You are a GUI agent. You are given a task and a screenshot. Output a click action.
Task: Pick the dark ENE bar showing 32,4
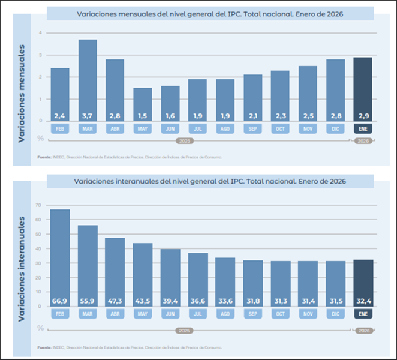(x=363, y=282)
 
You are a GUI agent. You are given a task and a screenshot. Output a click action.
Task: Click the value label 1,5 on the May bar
(x=143, y=115)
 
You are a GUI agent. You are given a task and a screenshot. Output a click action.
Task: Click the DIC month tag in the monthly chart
(x=335, y=128)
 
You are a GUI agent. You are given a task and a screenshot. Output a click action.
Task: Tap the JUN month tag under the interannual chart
(x=170, y=314)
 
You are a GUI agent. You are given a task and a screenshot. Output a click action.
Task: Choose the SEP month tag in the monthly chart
(x=252, y=128)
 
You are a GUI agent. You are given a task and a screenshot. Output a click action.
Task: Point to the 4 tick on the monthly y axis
(x=40, y=32)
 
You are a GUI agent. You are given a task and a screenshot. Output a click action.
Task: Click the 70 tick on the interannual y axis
(x=38, y=205)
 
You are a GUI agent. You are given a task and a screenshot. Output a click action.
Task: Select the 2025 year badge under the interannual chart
(x=184, y=331)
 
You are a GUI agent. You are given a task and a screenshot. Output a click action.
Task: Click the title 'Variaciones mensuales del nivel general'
(x=210, y=14)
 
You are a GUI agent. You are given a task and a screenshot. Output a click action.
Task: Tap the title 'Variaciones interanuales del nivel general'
(x=210, y=181)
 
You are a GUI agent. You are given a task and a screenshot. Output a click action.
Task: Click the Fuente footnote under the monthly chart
(x=129, y=157)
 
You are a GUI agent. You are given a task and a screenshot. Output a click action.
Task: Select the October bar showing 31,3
(x=280, y=283)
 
